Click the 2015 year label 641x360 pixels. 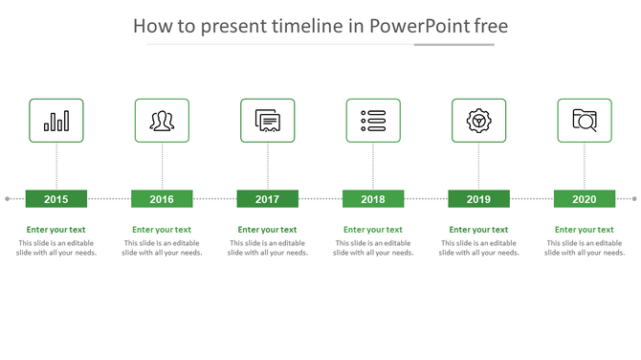(x=56, y=199)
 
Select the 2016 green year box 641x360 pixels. (x=162, y=199)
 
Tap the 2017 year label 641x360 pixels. (x=268, y=199)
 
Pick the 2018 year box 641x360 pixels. (x=373, y=199)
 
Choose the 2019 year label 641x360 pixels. (x=478, y=199)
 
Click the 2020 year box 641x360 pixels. (x=585, y=199)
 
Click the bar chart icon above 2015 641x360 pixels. (x=56, y=121)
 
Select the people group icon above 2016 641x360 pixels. (x=162, y=121)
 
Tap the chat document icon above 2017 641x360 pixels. (x=268, y=121)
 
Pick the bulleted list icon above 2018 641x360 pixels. (x=373, y=121)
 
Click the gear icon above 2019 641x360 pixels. (x=478, y=121)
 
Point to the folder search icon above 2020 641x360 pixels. (x=585, y=121)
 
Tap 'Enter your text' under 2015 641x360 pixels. (x=56, y=230)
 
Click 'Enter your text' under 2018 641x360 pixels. (x=373, y=230)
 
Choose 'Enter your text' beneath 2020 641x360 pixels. (x=585, y=230)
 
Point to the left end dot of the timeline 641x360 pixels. (x=7, y=199)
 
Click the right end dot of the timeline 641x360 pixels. (x=634, y=199)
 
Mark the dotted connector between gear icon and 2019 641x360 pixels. (x=478, y=167)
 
